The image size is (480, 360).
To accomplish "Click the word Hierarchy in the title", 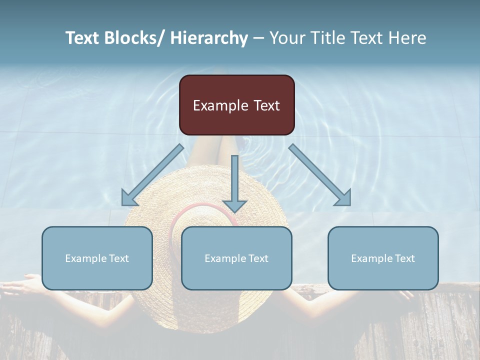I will (208, 38).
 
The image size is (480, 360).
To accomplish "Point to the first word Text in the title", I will (83, 38).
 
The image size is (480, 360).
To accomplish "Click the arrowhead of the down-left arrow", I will (129, 198).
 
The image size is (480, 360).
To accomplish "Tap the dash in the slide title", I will (258, 38).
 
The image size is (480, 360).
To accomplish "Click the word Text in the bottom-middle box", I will (257, 258).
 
